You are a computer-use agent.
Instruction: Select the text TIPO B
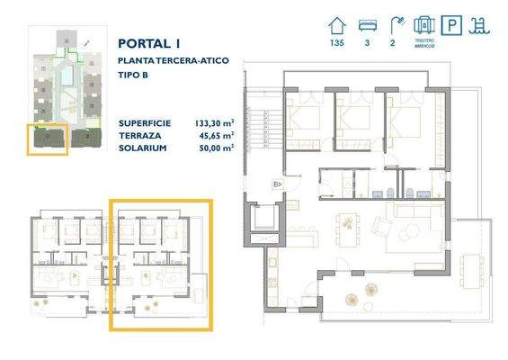133,74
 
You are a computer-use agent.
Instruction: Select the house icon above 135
337,23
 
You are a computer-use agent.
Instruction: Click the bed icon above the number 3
366,23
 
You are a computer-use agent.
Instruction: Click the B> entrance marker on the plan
277,184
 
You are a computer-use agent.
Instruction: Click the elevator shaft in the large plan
265,220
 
